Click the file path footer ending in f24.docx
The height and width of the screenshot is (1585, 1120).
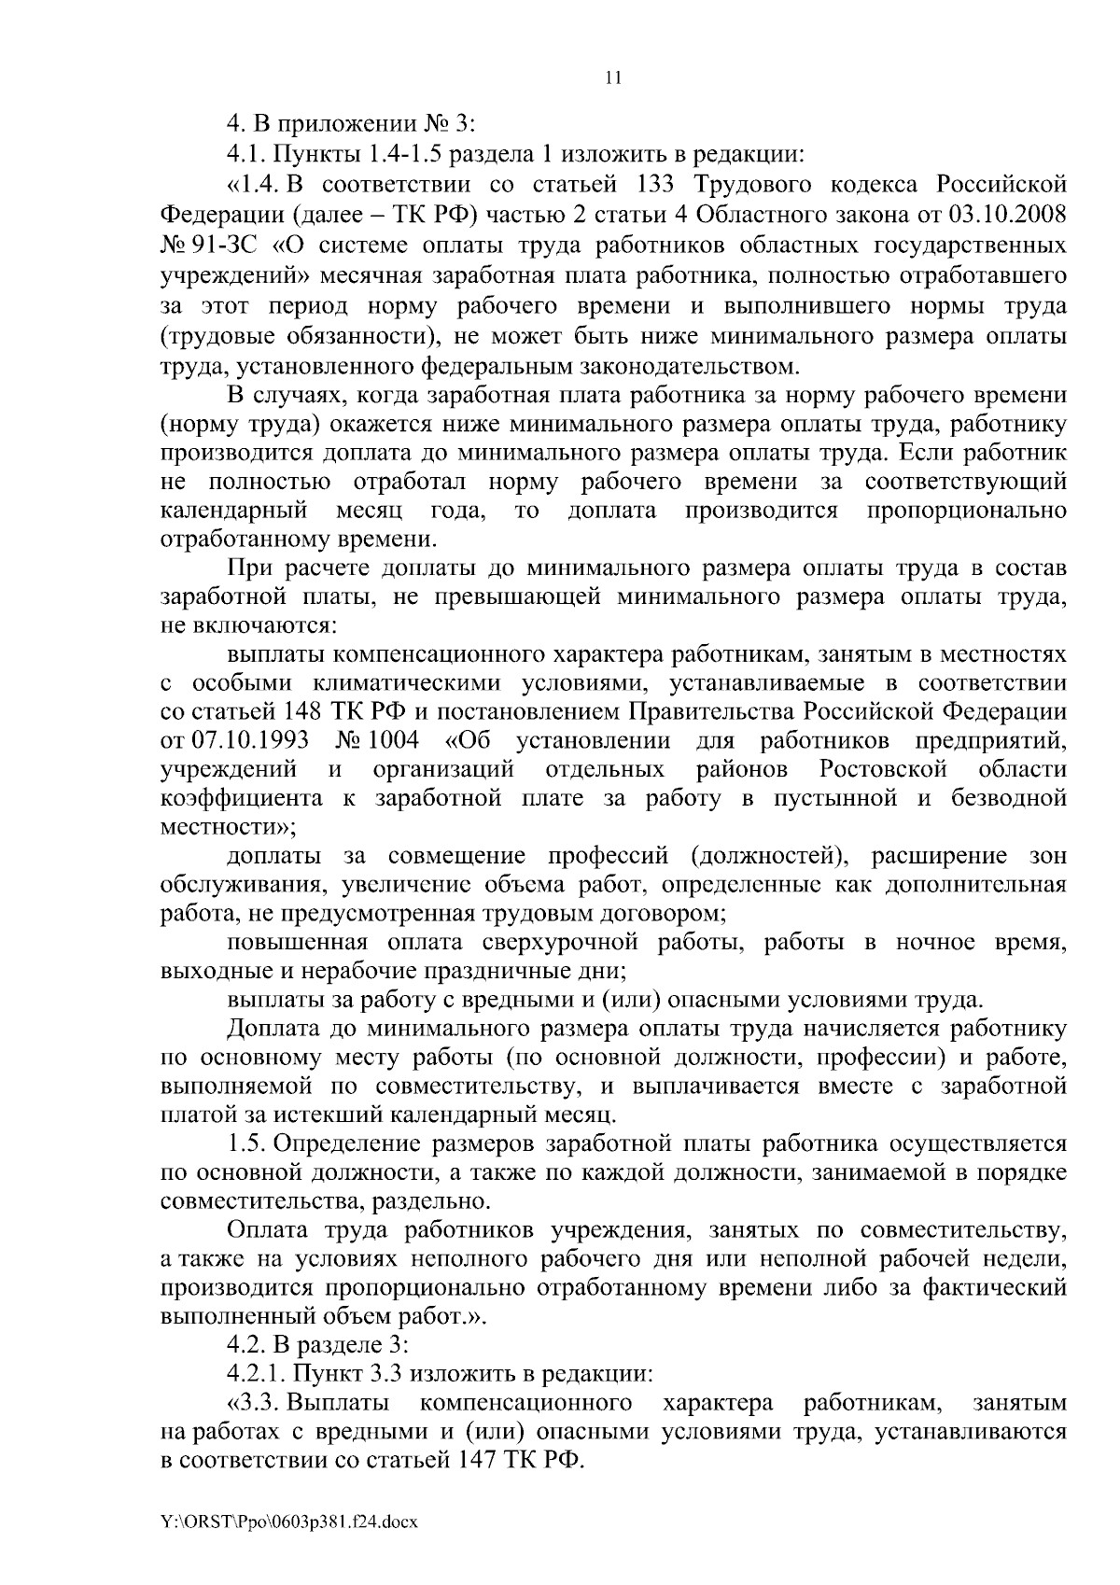[288, 1522]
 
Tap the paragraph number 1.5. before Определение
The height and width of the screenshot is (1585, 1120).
[246, 1143]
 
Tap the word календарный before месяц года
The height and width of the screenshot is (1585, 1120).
[234, 511]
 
